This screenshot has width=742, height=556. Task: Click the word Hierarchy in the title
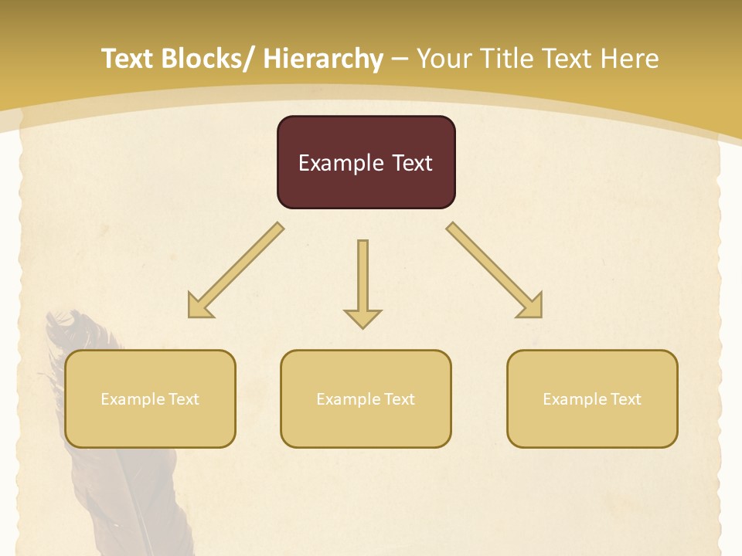322,59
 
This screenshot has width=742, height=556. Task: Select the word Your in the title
444,59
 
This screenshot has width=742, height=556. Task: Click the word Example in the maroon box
341,163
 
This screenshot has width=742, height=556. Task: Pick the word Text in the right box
625,399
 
